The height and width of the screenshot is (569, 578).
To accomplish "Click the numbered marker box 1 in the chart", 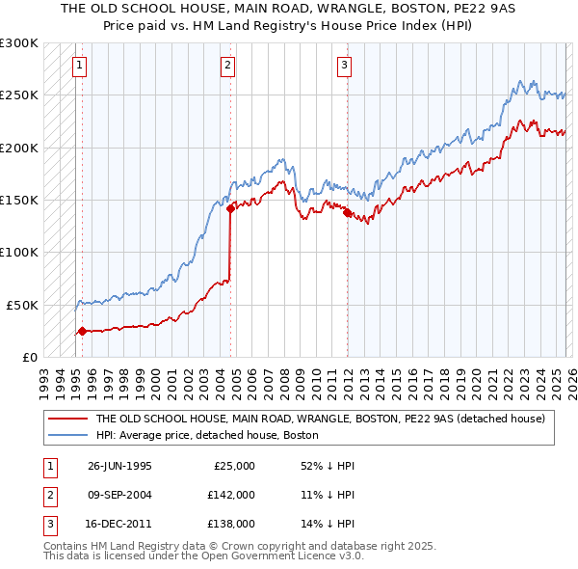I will [x=78, y=66].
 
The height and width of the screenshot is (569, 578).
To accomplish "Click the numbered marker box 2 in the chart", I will [x=227, y=66].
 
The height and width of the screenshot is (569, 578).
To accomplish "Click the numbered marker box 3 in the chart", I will [x=344, y=66].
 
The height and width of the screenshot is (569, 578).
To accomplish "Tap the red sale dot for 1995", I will [x=82, y=331].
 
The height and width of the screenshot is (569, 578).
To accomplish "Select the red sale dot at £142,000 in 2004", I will [x=231, y=208].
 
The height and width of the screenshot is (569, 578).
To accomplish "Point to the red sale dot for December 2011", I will [x=348, y=212].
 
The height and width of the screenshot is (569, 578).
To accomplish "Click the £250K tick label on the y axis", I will [x=19, y=95].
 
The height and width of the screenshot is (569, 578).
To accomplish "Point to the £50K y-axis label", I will [x=23, y=305].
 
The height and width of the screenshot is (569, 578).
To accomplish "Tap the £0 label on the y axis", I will [x=31, y=357].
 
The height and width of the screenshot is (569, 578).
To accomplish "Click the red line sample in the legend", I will [x=67, y=420].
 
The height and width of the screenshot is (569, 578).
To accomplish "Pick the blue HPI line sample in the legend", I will [x=67, y=436].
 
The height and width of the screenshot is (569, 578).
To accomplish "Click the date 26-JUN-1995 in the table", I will [x=119, y=466].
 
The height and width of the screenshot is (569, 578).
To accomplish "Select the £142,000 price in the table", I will [x=231, y=494].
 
